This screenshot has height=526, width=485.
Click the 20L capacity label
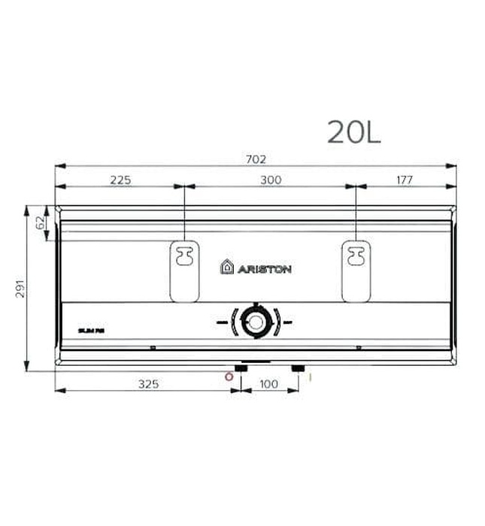(353, 132)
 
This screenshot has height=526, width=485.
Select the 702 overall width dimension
(256, 159)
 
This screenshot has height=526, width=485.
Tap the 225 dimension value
(120, 180)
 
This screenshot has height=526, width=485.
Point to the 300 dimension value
(271, 180)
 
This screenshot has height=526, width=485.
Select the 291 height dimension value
(20, 288)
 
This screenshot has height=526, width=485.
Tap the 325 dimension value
(148, 384)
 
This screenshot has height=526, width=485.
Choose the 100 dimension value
(268, 384)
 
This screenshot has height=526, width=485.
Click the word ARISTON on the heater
(265, 268)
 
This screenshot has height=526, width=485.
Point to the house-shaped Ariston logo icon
(226, 267)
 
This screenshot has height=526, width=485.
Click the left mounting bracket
(184, 270)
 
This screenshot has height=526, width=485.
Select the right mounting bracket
(356, 270)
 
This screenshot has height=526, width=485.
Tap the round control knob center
(256, 322)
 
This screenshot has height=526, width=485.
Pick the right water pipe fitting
(299, 369)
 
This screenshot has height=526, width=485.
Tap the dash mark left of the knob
(222, 322)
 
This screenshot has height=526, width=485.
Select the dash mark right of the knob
(288, 322)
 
